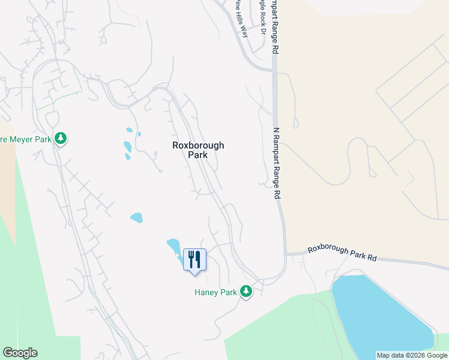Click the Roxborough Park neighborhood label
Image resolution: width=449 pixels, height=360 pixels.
197,149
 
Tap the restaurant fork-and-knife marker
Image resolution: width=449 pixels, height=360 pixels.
194,260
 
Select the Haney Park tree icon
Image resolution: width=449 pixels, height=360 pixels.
246,292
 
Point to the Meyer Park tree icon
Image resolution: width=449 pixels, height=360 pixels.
60,139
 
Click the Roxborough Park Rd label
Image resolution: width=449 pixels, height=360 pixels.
342,253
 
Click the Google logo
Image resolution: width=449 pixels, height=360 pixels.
20,353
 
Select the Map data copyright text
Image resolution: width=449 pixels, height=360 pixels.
412,355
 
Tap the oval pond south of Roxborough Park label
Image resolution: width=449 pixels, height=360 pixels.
136,217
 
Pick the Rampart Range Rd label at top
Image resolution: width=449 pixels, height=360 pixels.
276,24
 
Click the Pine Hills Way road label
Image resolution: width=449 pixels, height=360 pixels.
243,18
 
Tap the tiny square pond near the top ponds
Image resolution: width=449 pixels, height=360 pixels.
139,134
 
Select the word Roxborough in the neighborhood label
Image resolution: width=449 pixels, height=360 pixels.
197,145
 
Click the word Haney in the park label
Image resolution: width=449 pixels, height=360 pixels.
206,292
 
